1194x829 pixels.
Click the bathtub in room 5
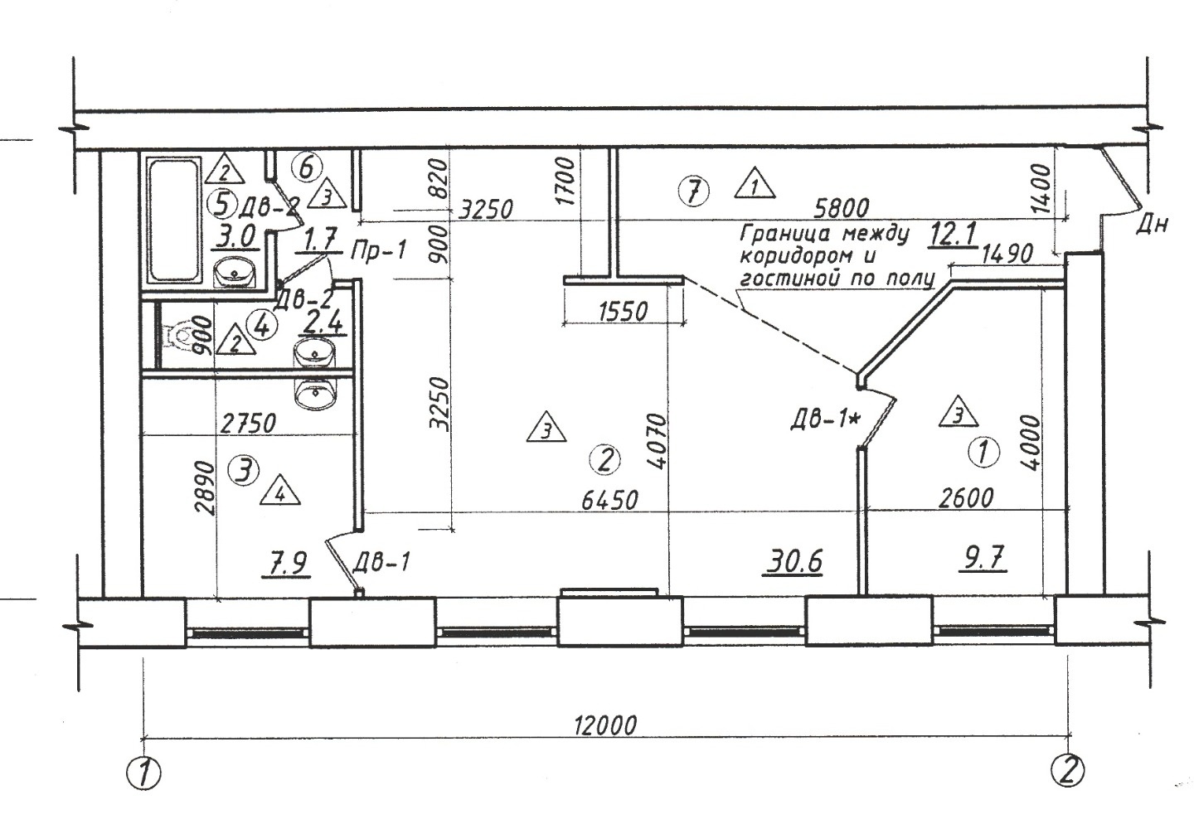click(x=175, y=220)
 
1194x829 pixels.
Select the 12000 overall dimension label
click(x=605, y=725)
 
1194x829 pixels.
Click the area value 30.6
click(x=794, y=563)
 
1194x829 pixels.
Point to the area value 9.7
click(x=983, y=560)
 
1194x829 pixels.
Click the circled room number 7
click(x=694, y=191)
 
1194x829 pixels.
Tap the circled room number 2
click(x=605, y=459)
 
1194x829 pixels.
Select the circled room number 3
click(x=243, y=470)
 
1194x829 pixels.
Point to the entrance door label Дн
click(x=1153, y=225)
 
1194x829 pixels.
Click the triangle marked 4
click(x=280, y=492)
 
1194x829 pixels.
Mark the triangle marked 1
click(x=755, y=183)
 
